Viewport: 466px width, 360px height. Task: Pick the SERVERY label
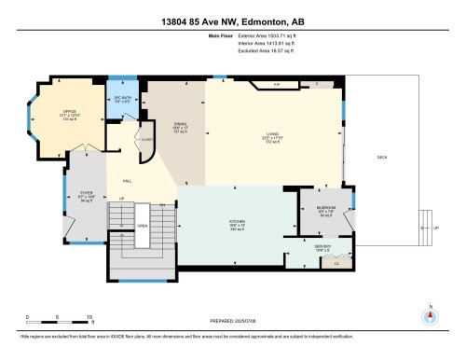[x=322, y=247]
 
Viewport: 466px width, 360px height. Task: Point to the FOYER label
[x=85, y=195]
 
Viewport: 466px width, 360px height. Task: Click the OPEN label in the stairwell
[x=143, y=226]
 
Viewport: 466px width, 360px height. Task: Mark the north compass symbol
[x=431, y=316]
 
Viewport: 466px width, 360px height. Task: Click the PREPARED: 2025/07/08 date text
[x=232, y=319]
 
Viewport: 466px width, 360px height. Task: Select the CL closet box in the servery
[x=336, y=264]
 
